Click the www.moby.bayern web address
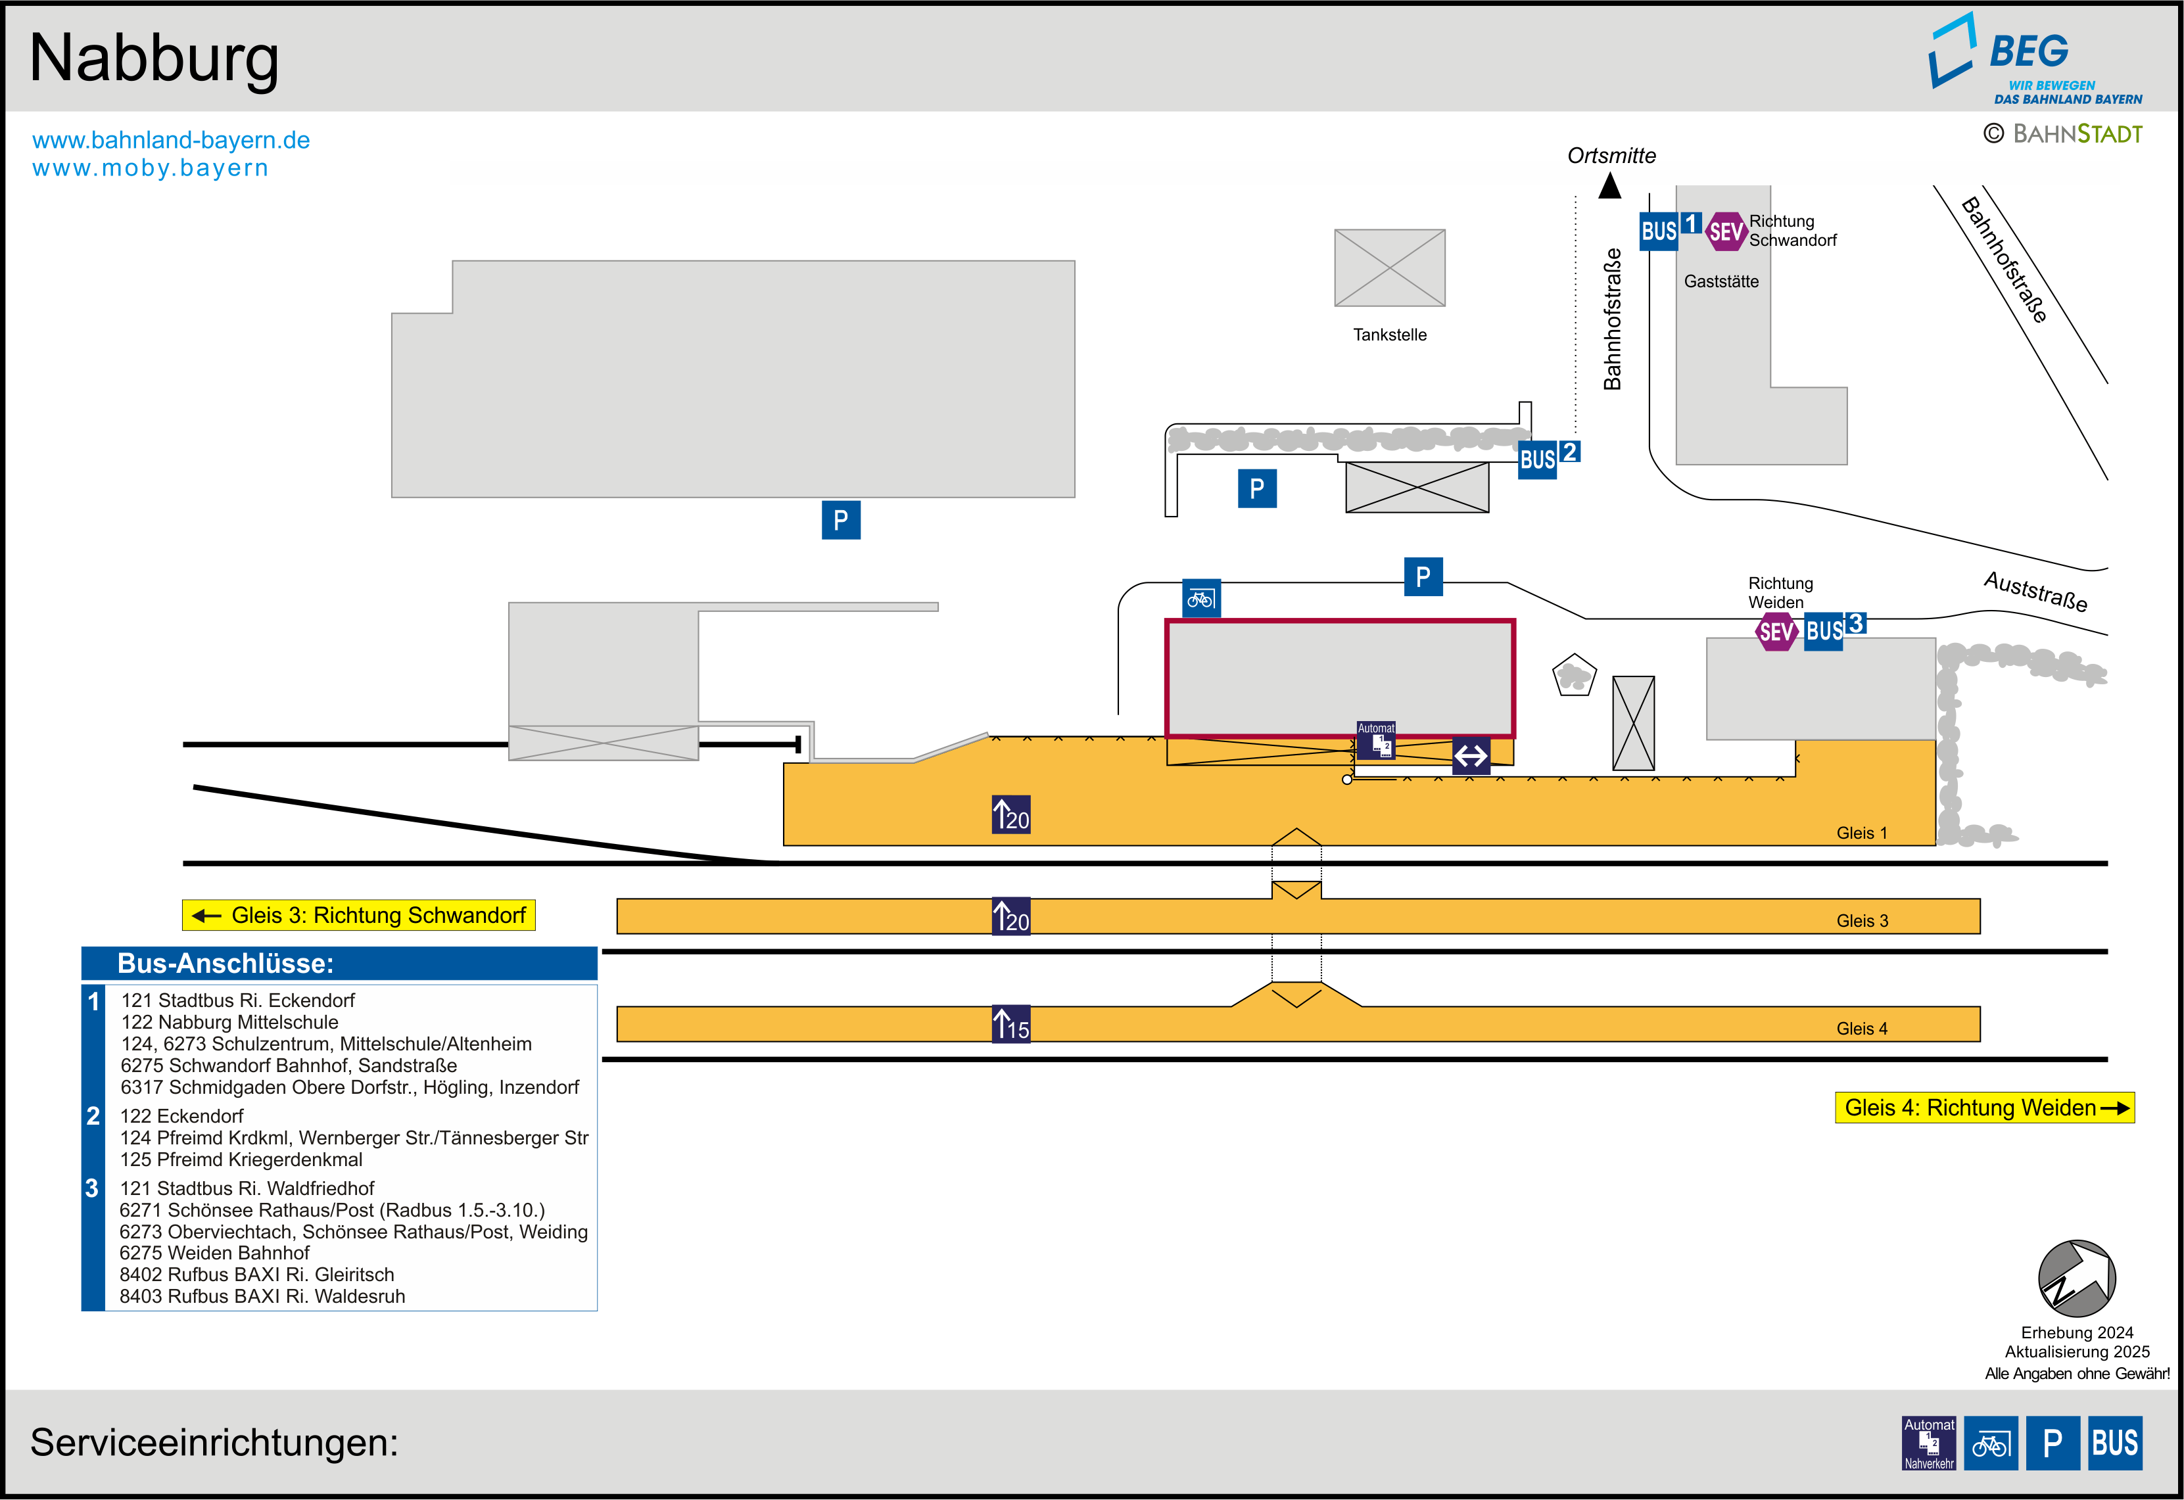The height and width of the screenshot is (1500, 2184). [151, 168]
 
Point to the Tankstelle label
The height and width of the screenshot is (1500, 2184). [1389, 335]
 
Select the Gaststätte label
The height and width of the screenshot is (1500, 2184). [1721, 281]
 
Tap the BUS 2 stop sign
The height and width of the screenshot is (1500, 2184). [1547, 457]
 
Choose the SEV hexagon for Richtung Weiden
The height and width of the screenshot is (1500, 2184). [1776, 630]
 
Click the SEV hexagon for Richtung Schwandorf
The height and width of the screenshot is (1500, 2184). [1725, 231]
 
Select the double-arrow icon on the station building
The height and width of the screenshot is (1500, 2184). [1471, 756]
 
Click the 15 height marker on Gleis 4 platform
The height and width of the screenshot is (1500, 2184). [1011, 1025]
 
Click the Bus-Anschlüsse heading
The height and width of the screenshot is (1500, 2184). [226, 964]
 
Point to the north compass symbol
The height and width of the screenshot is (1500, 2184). [2077, 1278]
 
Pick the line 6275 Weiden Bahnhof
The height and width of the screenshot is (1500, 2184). [214, 1253]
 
